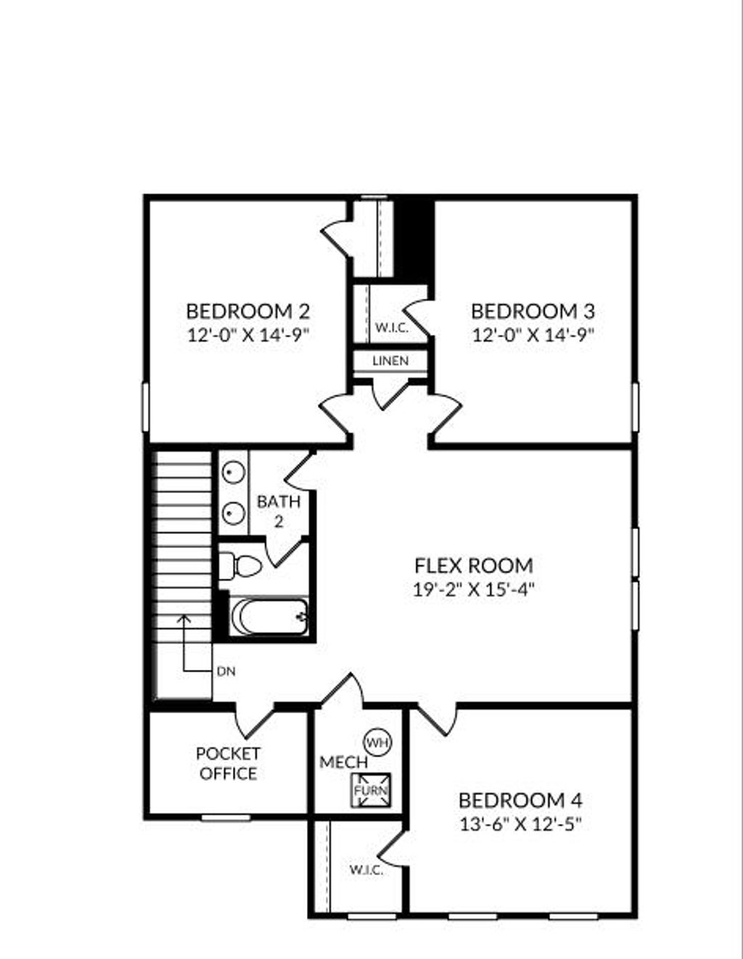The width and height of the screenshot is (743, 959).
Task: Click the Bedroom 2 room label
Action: [x=247, y=312]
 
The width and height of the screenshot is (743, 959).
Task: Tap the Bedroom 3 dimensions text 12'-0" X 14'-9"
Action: [x=533, y=335]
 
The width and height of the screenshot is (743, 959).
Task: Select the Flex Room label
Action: [x=473, y=565]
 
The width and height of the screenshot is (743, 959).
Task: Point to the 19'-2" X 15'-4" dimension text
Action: [x=473, y=589]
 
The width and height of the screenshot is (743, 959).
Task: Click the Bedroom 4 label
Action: [x=520, y=801]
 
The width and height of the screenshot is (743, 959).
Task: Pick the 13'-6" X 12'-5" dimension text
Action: [x=520, y=824]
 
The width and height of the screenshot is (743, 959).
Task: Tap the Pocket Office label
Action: [x=228, y=764]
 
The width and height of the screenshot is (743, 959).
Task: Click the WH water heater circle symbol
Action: [x=377, y=742]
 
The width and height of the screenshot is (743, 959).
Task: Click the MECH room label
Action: [x=343, y=763]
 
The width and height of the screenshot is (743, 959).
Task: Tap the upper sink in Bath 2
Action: [x=232, y=473]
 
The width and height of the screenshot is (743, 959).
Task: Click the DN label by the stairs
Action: [x=226, y=672]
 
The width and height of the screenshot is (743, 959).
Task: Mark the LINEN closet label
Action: [x=390, y=361]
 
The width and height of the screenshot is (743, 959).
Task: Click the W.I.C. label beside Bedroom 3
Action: [x=391, y=328]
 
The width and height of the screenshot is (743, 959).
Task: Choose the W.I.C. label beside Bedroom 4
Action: [x=366, y=870]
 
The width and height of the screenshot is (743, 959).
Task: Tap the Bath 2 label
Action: [x=279, y=510]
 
